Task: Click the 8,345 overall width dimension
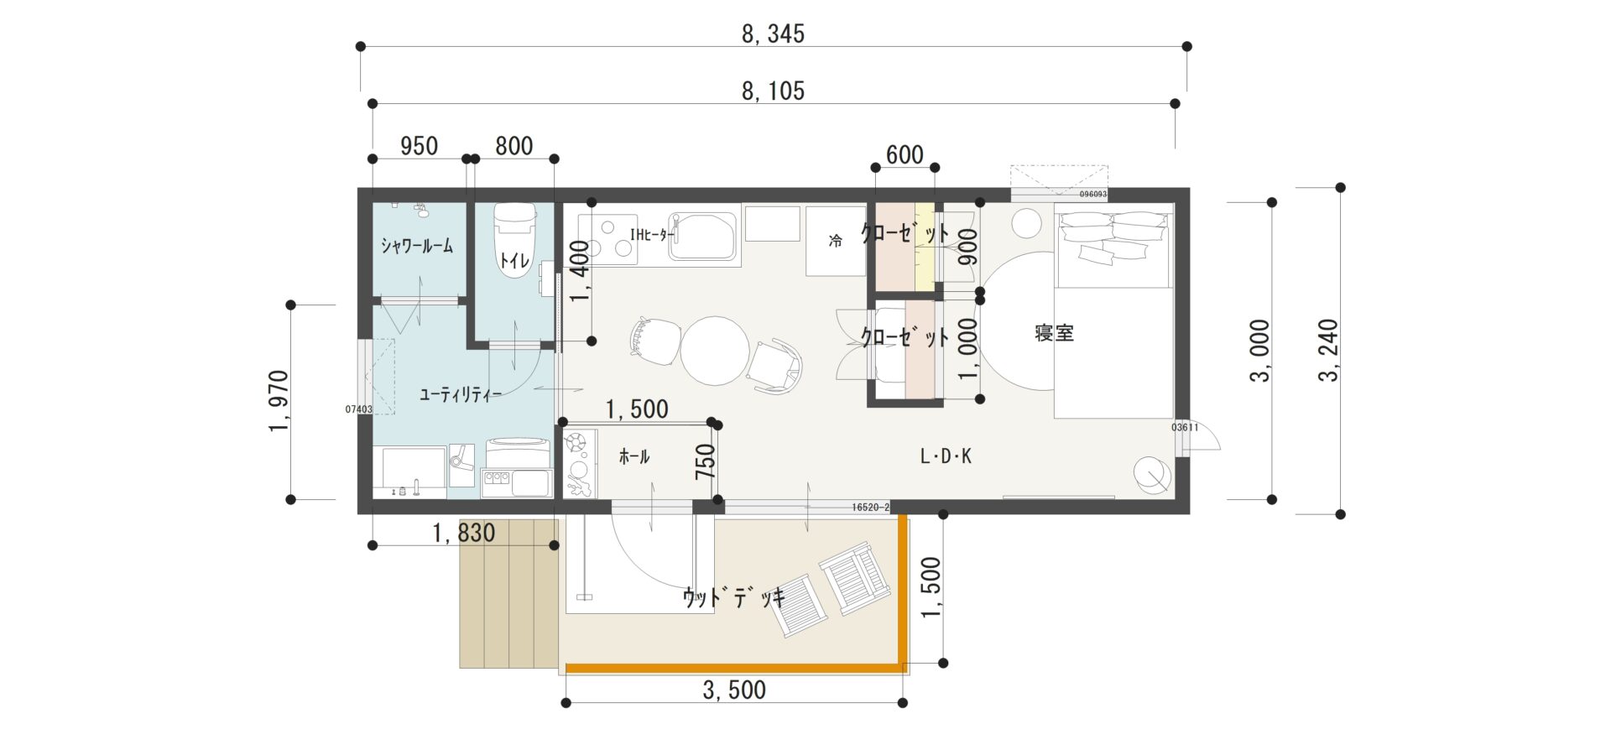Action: click(x=773, y=34)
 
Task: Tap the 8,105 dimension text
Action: click(x=773, y=91)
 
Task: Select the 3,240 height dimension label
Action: click(x=1328, y=350)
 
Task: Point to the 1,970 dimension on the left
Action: click(x=279, y=401)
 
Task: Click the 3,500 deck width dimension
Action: click(x=734, y=690)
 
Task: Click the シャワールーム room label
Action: click(x=417, y=245)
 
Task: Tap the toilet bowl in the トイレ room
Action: click(x=514, y=238)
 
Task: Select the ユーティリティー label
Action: click(x=460, y=394)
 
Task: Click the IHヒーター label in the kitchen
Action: click(x=651, y=235)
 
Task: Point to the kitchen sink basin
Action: click(x=704, y=237)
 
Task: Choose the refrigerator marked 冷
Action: click(x=836, y=241)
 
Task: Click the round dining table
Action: click(x=715, y=351)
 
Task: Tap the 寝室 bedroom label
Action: click(x=1054, y=333)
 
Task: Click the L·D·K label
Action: click(x=946, y=456)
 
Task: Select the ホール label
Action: click(x=633, y=456)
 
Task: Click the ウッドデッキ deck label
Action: click(x=734, y=597)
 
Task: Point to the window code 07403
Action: click(x=359, y=409)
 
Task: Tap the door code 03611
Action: click(x=1185, y=428)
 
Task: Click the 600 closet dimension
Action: click(x=905, y=154)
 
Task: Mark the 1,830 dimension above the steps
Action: click(x=463, y=533)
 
